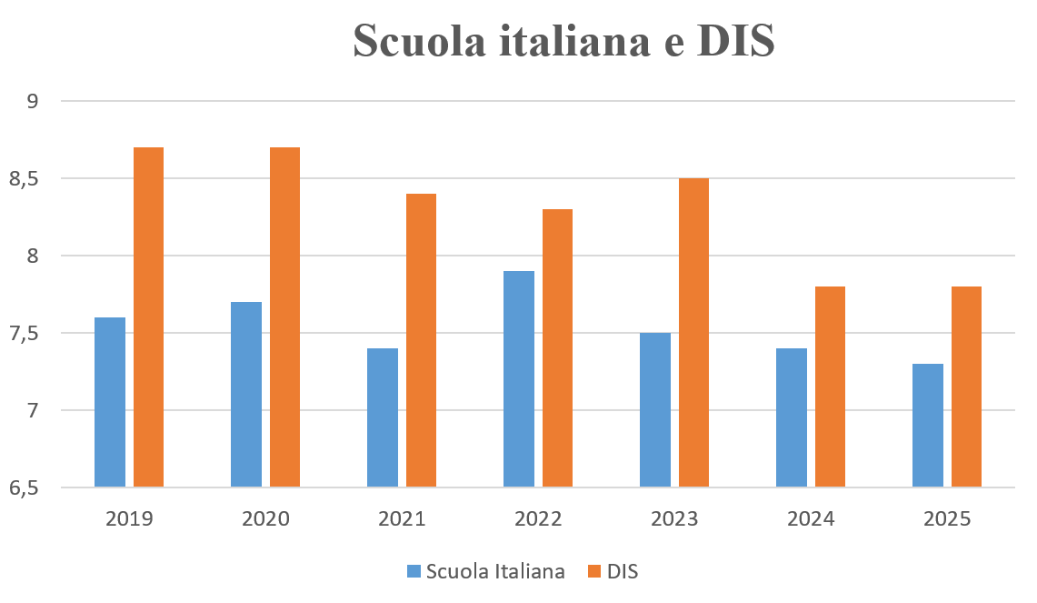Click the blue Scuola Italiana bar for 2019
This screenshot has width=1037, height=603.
(x=110, y=402)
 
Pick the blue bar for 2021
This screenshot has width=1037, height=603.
(x=383, y=417)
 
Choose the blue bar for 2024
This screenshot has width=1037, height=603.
(x=792, y=417)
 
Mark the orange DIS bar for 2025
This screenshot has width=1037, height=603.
(x=966, y=387)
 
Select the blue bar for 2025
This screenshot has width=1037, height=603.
(x=928, y=426)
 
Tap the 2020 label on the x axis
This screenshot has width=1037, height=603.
(x=265, y=519)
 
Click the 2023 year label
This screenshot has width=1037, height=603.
(x=674, y=519)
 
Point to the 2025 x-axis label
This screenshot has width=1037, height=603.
(x=947, y=519)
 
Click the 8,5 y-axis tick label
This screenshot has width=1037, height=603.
(x=25, y=178)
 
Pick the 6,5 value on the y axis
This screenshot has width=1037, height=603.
(x=25, y=488)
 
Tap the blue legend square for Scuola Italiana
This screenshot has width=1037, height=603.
(x=414, y=572)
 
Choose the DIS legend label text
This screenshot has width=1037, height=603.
(x=623, y=572)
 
